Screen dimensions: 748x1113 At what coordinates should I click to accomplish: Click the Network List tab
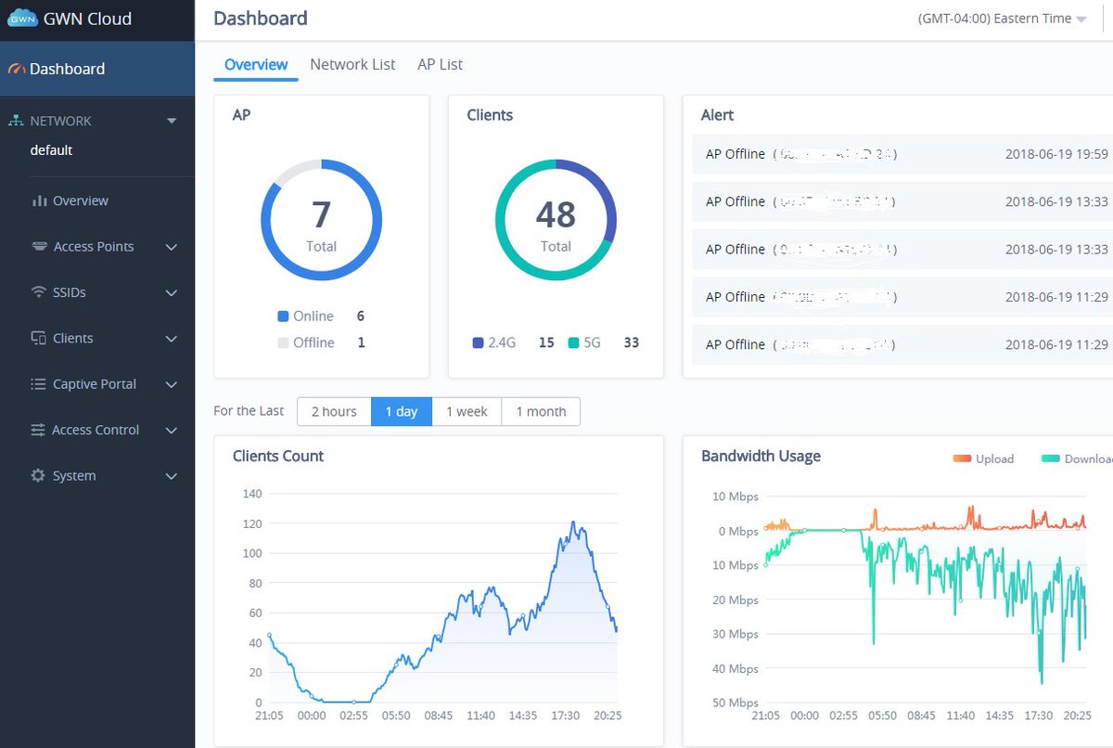click(352, 64)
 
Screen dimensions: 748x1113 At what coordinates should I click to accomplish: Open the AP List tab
click(440, 64)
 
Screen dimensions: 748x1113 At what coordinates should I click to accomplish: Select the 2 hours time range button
click(334, 411)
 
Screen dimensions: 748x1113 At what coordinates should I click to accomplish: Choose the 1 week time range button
click(467, 411)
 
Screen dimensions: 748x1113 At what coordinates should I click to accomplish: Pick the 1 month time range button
click(541, 411)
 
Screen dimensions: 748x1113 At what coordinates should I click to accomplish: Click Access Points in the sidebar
click(94, 246)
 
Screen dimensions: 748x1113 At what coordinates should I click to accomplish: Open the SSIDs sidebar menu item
click(70, 292)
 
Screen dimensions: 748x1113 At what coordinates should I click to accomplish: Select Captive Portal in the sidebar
click(94, 383)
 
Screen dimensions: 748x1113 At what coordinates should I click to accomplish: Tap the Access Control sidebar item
click(96, 430)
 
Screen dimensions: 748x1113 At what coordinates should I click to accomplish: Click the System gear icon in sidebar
click(38, 475)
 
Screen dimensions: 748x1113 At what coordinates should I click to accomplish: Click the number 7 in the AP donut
click(321, 214)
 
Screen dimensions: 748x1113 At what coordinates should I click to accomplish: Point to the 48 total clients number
click(556, 214)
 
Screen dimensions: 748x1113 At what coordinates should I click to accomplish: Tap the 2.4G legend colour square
click(478, 342)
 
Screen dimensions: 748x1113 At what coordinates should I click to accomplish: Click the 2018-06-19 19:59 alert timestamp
click(1056, 153)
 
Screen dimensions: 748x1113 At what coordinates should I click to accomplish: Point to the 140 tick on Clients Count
click(252, 493)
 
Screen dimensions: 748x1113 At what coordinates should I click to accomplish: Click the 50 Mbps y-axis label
click(736, 703)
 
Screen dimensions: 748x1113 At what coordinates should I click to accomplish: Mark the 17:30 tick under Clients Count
click(565, 716)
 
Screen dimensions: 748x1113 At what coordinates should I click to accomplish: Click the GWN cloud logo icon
click(22, 19)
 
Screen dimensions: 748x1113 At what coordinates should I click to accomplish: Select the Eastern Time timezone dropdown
click(1002, 19)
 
